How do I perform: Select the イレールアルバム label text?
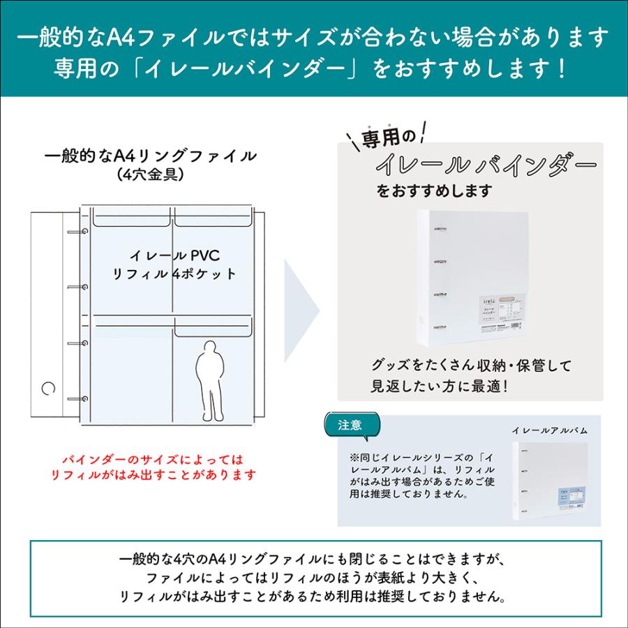tap(549, 431)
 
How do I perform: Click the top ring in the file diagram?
tap(84, 231)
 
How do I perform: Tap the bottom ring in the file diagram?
tap(84, 399)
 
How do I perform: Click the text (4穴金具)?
tap(151, 174)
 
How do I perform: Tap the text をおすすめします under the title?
tap(434, 190)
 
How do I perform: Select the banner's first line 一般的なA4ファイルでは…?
tap(314, 36)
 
